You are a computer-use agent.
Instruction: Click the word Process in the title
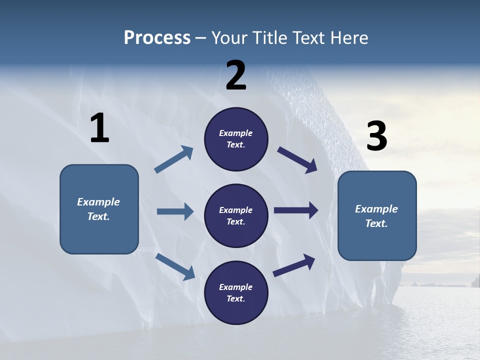(x=157, y=37)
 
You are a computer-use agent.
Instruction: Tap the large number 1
(x=99, y=128)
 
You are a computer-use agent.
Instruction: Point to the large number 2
(x=236, y=75)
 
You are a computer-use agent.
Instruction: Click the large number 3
(x=376, y=136)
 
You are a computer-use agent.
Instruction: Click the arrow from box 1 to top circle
(x=174, y=159)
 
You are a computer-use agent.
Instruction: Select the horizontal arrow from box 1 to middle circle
(x=175, y=211)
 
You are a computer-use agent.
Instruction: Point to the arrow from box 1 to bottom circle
(x=175, y=266)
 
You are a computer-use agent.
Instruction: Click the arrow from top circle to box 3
(x=297, y=160)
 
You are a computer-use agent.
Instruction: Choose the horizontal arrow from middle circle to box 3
(x=296, y=210)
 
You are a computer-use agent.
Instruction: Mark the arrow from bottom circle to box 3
(x=294, y=265)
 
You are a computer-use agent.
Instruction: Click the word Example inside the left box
(x=98, y=202)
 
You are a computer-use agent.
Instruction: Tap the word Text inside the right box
(x=376, y=223)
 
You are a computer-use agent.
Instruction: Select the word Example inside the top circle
(x=236, y=133)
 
